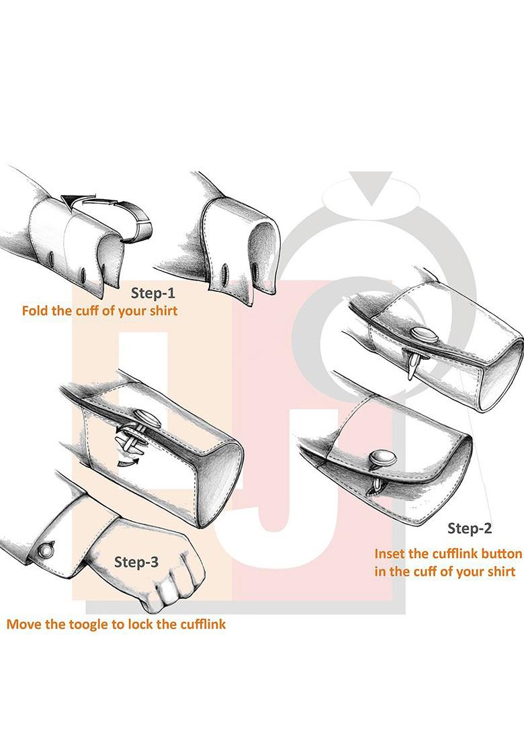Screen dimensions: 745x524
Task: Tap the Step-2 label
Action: pos(470,528)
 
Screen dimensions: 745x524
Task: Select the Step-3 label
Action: pos(136,562)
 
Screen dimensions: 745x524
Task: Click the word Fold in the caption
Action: pos(36,312)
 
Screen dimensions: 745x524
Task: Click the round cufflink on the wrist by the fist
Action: pos(45,549)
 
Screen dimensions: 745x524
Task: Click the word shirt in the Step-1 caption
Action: pos(161,312)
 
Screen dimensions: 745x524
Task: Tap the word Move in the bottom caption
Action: pos(23,624)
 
